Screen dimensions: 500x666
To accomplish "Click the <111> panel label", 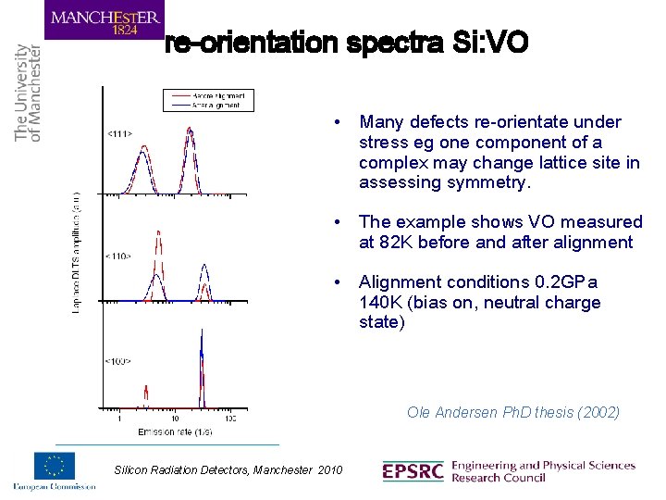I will click(118, 134).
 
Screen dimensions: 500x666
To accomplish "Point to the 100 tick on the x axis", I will click(229, 419).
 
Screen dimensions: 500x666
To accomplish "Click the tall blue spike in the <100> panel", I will click(202, 370).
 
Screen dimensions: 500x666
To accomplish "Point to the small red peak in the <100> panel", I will click(144, 394).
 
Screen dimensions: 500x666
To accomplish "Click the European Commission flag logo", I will click(55, 467).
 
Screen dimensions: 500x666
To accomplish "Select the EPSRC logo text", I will click(413, 471).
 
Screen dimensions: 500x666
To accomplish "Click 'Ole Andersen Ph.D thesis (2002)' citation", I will click(512, 413).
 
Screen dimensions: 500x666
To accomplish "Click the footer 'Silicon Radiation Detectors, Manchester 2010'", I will click(228, 470).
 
